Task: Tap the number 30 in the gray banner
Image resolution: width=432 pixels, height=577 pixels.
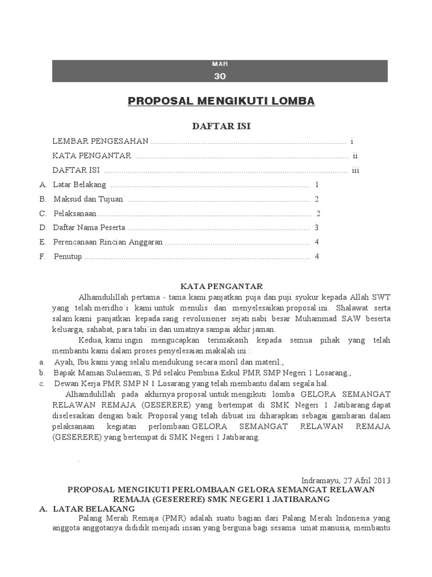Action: (x=219, y=77)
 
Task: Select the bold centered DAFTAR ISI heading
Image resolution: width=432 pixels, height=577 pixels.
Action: (x=221, y=126)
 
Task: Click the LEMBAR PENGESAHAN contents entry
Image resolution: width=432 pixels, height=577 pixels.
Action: (x=100, y=141)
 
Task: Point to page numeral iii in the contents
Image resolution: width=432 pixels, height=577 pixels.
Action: (x=355, y=170)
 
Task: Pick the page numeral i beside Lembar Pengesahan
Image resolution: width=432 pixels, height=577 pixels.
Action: (x=352, y=141)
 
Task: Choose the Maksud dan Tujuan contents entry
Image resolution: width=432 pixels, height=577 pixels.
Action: (x=88, y=199)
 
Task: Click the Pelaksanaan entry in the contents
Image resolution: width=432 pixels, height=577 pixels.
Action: (x=75, y=214)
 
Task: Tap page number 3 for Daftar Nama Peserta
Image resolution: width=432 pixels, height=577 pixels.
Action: (x=317, y=228)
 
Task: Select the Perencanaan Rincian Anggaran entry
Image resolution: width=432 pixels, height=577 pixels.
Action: (x=107, y=242)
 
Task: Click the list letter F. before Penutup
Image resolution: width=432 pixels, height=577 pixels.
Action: (x=43, y=257)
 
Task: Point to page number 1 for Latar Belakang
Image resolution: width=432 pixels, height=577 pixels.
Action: (x=317, y=184)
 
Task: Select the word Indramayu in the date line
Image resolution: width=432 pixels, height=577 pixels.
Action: (x=321, y=481)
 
